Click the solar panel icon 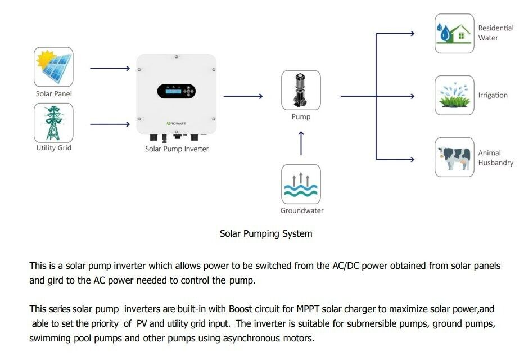pos(53,66)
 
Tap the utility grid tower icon pos(53,123)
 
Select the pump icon pos(301,90)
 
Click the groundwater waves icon pos(301,184)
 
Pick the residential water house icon pos(454,33)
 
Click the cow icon pos(454,157)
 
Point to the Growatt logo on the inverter pos(177,122)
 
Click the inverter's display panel pos(176,91)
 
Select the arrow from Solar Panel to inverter pos(110,68)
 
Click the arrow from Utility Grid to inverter pos(110,123)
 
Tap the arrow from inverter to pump pos(243,96)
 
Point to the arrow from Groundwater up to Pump pos(301,143)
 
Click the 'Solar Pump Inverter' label pos(177,149)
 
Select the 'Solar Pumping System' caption pos(265,233)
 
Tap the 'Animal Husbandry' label pos(495,157)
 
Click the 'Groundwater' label pos(302,211)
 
